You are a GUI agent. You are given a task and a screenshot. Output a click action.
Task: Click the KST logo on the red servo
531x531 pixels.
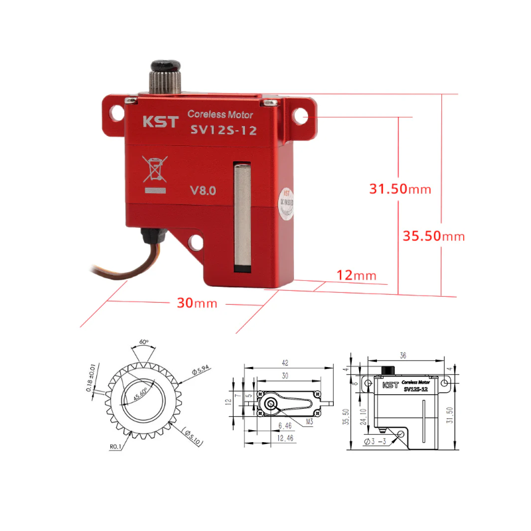[157, 122]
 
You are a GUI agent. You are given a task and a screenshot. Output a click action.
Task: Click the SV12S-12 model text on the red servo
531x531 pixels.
[223, 131]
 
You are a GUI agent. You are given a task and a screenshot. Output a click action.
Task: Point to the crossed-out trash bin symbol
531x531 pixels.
[155, 170]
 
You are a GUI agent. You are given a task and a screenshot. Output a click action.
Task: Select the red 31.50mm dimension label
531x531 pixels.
[400, 189]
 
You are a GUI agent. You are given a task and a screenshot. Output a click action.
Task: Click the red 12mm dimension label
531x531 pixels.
[355, 275]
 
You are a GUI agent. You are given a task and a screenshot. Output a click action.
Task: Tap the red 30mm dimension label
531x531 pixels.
[197, 303]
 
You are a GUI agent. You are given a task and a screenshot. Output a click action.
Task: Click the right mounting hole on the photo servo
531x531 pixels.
[302, 117]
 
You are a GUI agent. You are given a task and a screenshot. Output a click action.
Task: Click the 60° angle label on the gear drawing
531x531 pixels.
[143, 342]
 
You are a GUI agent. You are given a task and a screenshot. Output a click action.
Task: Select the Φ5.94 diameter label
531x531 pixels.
[198, 372]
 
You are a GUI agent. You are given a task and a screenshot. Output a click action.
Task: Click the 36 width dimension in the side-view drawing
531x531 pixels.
[402, 354]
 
